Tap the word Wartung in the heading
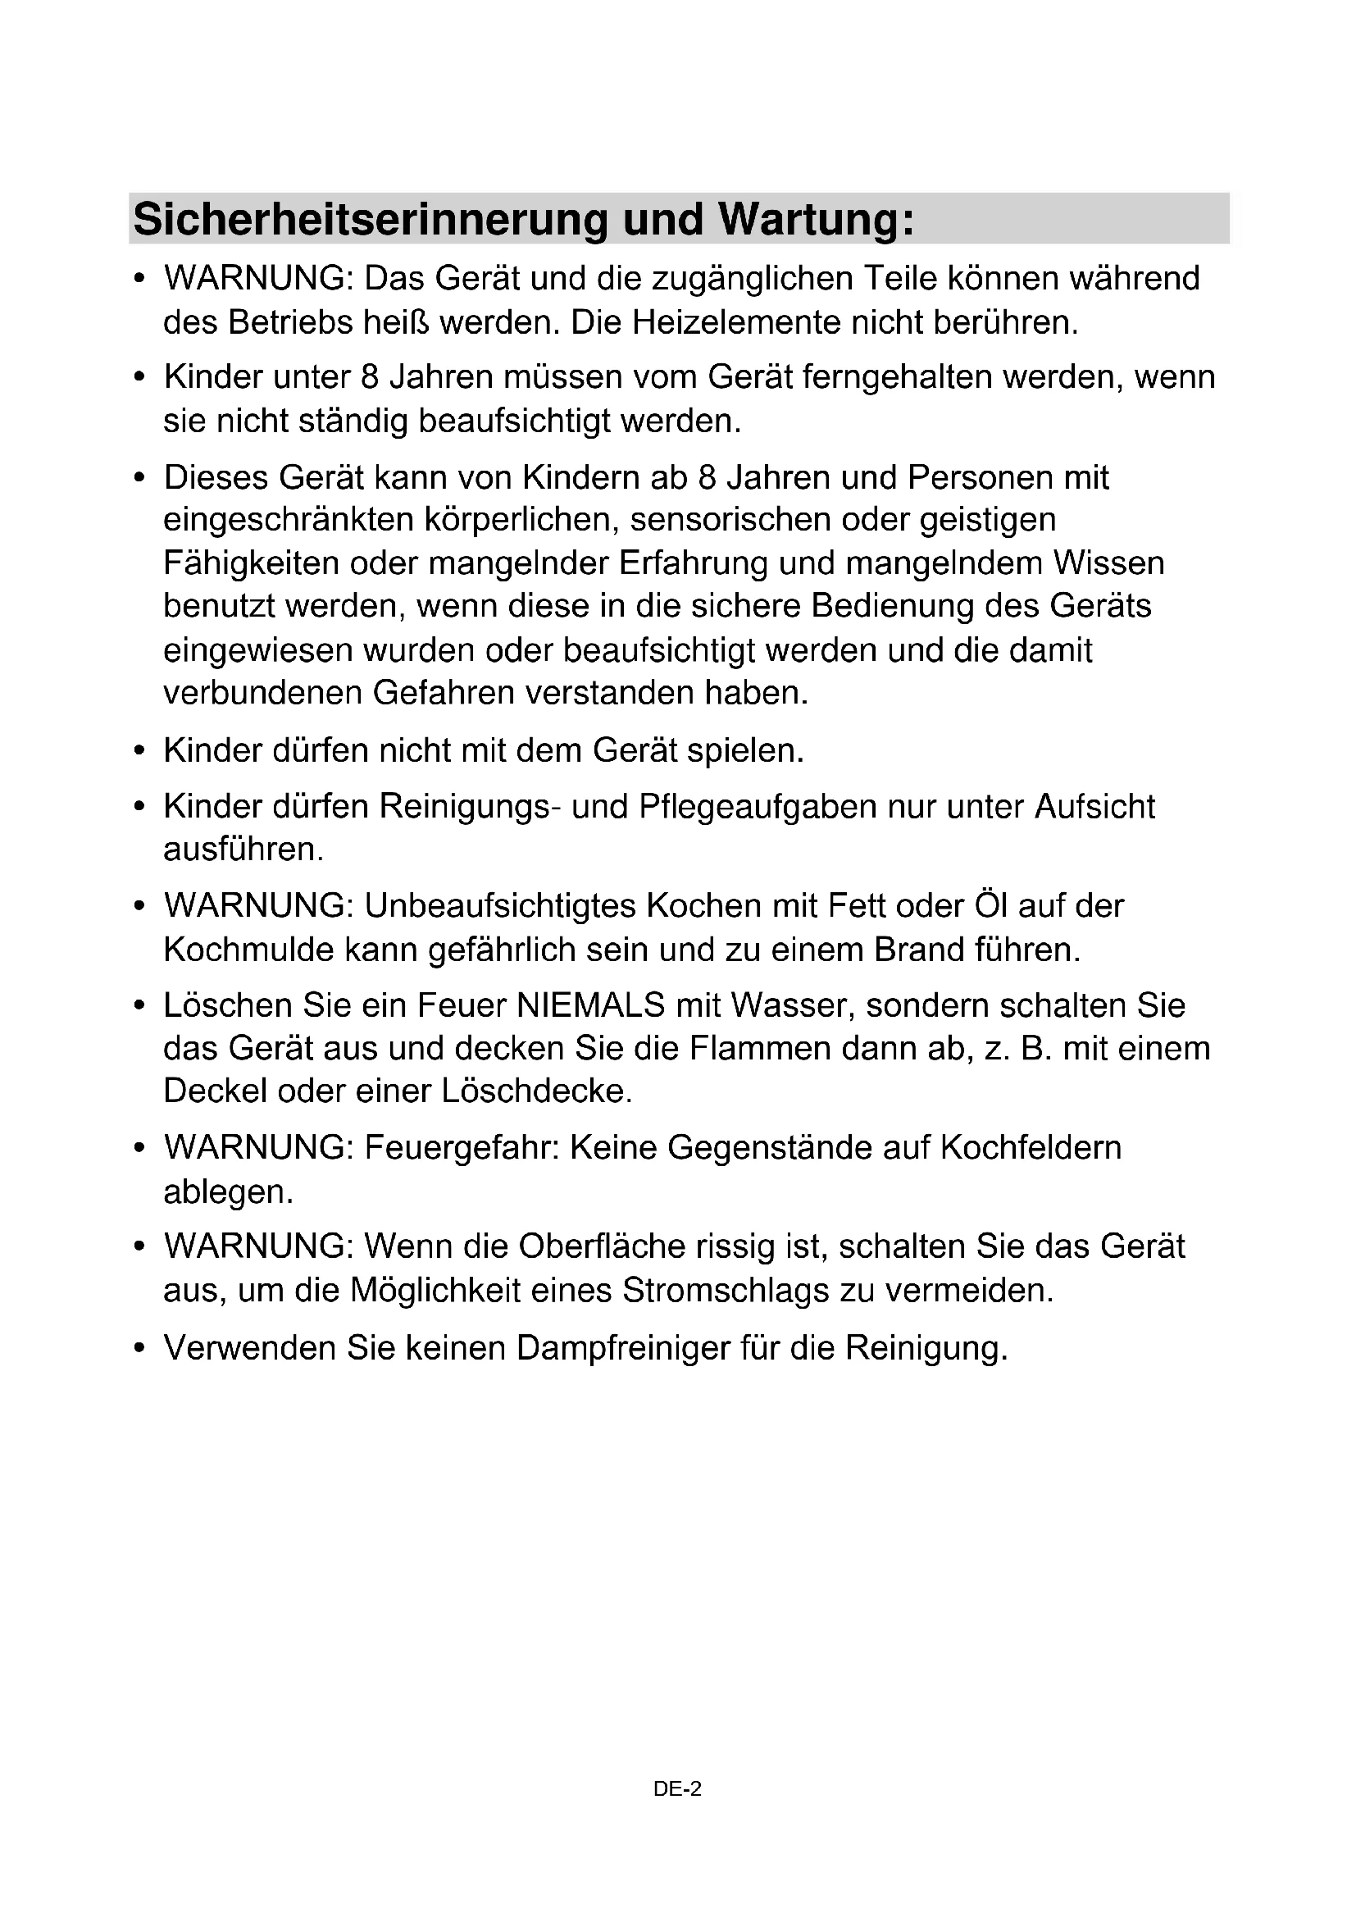[816, 219]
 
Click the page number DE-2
[677, 1788]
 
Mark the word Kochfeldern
[1031, 1148]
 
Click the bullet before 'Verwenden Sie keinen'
[140, 1348]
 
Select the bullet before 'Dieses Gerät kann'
[140, 478]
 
